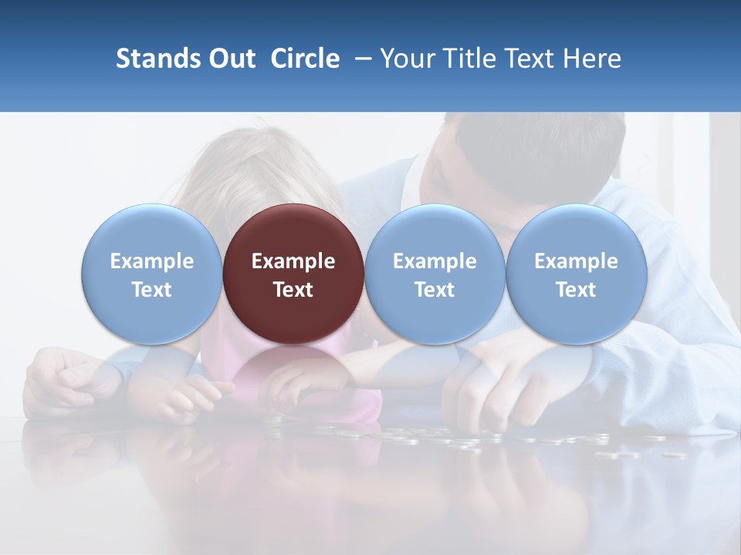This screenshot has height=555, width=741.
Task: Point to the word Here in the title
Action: pos(592,59)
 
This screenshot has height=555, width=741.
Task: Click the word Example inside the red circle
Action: pos(293,261)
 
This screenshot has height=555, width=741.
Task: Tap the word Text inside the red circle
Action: pos(293,290)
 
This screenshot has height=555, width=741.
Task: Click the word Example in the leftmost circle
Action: pos(151,261)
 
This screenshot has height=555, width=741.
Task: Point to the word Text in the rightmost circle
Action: pos(576,290)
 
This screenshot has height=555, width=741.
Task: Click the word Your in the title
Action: pos(407,59)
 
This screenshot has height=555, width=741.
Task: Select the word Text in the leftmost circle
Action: pos(151,290)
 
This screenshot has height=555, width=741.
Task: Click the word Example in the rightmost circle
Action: pos(576,261)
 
